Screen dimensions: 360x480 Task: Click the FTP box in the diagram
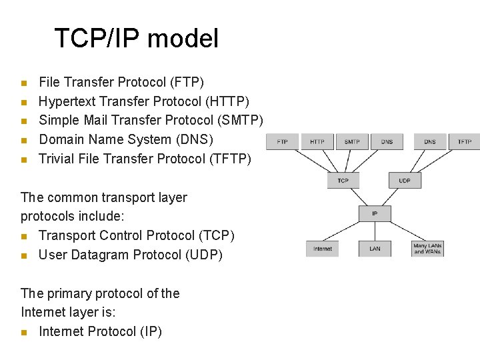pos(282,141)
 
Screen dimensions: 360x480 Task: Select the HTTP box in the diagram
pos(317,141)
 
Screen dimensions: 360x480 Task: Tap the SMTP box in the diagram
pos(352,141)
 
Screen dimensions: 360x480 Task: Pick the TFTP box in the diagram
pos(464,141)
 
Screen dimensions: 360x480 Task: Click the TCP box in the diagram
pos(343,181)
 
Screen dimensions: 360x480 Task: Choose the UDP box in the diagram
pos(405,181)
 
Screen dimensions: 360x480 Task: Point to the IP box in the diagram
pos(374,214)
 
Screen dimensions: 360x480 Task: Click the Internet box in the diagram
pos(322,249)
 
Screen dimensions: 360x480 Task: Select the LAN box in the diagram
pos(375,249)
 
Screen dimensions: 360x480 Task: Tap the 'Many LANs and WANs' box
pos(427,249)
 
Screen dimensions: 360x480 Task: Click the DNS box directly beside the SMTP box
pos(387,141)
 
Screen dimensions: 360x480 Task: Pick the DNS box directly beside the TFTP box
pos(429,141)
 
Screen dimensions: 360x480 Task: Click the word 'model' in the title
pos(183,39)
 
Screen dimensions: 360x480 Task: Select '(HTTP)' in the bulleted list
pos(228,101)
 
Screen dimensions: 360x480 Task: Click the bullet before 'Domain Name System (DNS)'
pos(23,141)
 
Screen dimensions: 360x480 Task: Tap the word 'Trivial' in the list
pos(56,159)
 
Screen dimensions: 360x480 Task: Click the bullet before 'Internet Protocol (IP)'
pos(23,332)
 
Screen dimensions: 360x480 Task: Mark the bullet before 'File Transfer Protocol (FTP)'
pos(23,83)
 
